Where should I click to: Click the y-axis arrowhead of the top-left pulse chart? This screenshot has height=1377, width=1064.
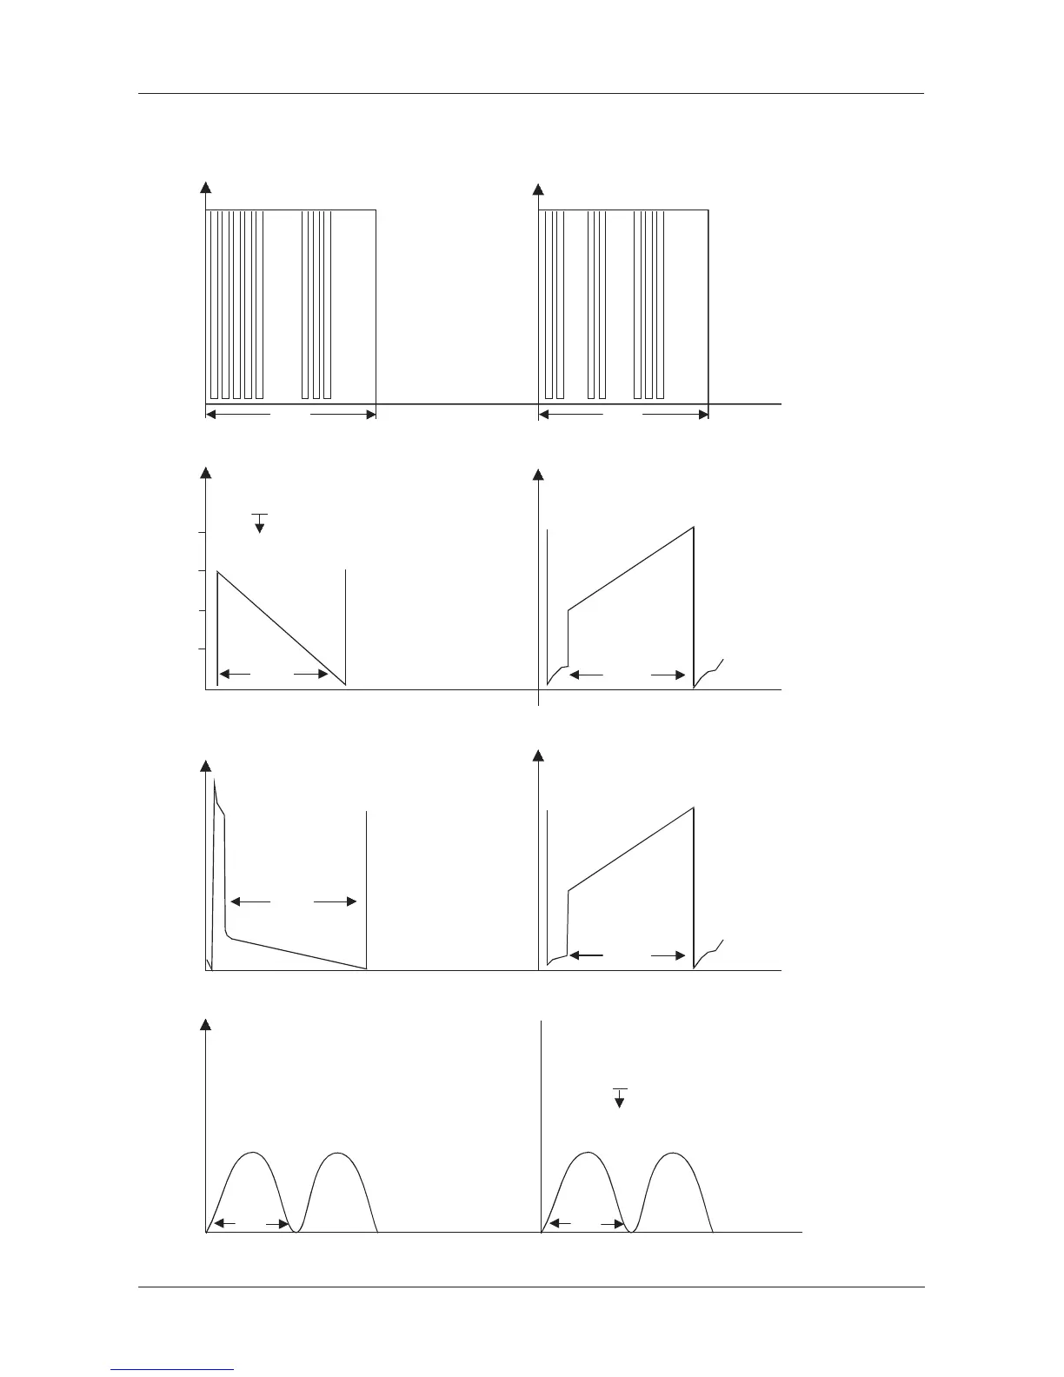click(206, 186)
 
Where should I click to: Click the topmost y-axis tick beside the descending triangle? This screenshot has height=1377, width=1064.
click(201, 532)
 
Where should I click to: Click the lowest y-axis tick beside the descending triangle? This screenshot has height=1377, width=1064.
click(201, 649)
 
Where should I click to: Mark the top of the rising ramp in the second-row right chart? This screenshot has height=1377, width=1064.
click(693, 528)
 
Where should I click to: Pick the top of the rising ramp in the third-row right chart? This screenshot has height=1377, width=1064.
click(693, 808)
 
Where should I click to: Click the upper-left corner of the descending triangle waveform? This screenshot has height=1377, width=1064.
click(217, 571)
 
